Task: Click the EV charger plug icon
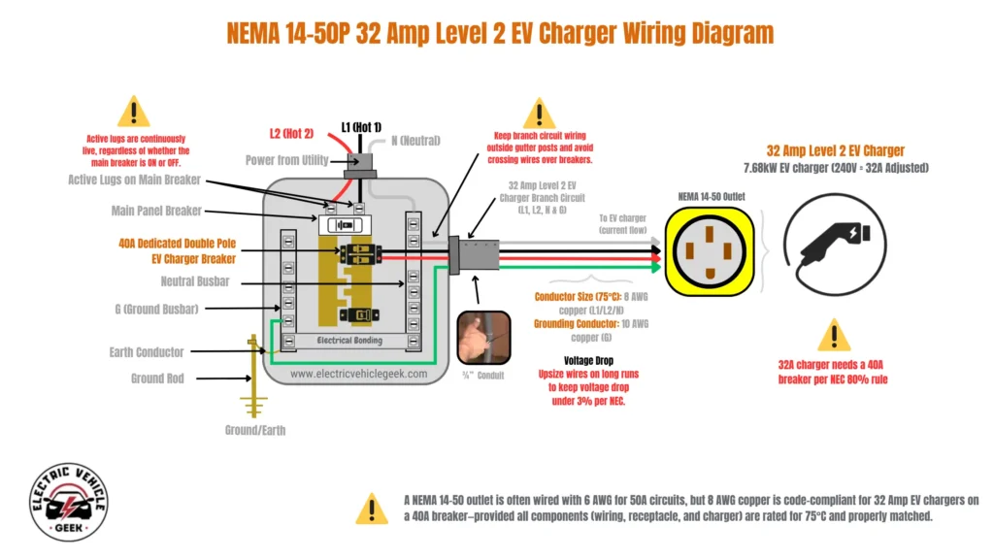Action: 832,247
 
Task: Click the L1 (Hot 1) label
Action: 361,127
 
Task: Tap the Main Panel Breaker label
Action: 156,211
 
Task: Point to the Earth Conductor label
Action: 147,352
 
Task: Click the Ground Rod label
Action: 156,378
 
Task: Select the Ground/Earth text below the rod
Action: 256,429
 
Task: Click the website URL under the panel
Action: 358,373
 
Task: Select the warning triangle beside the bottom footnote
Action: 371,507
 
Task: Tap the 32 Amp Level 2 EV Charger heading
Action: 835,150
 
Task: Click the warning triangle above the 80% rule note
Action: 833,335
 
